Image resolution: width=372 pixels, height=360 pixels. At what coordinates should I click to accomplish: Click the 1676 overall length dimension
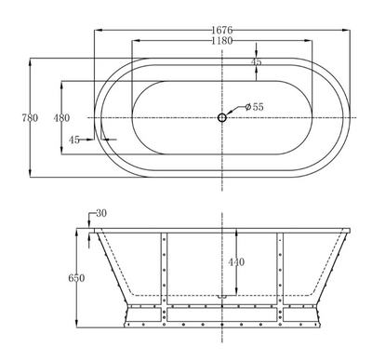click(222, 30)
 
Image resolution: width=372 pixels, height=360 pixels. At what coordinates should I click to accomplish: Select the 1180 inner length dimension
click(222, 41)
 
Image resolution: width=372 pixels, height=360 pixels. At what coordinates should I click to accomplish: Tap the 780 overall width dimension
click(30, 118)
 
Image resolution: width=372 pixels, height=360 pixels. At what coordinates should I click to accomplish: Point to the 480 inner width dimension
click(61, 118)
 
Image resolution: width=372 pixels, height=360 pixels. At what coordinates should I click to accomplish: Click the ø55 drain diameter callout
click(254, 107)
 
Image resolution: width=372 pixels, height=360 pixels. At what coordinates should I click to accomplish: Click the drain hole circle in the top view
click(222, 117)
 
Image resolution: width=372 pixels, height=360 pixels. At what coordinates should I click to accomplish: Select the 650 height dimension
click(76, 278)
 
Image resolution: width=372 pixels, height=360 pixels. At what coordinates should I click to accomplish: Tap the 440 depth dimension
click(236, 262)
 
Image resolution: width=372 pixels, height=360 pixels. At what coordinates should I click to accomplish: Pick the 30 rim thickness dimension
click(101, 213)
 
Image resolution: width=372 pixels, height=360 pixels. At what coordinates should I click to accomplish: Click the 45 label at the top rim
click(256, 61)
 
